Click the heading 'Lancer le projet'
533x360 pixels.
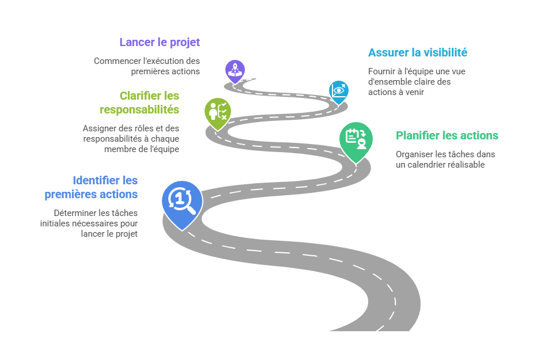coord(160,42)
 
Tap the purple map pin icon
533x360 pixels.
coord(235,71)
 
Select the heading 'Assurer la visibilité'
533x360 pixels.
coord(417,52)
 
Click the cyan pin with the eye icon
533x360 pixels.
coord(339,90)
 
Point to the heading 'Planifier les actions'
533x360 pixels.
coord(447,136)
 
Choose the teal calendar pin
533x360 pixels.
coord(356,138)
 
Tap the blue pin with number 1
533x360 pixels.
coord(182,200)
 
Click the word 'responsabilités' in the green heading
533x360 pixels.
coord(139,109)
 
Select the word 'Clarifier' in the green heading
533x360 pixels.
coord(141,96)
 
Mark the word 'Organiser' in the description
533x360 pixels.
coord(413,154)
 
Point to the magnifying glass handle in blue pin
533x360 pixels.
coord(191,210)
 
